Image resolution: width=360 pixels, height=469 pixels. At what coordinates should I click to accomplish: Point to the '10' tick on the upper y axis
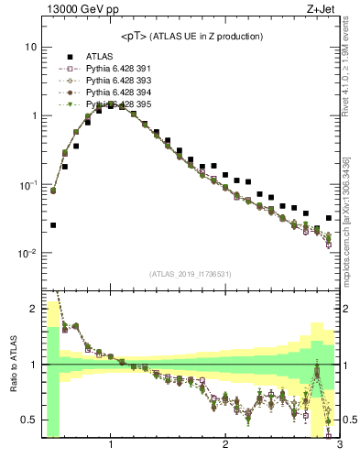click(x=30, y=47)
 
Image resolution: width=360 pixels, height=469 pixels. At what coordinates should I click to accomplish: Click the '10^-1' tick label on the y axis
click(x=27, y=185)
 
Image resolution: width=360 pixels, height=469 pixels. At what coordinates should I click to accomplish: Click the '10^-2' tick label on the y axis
click(x=27, y=254)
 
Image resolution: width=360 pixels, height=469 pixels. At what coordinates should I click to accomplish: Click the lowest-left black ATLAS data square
click(x=53, y=224)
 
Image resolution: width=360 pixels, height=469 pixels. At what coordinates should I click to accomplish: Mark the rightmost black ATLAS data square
click(x=329, y=218)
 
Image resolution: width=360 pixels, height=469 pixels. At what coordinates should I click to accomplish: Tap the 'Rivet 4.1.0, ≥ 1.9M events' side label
click(x=351, y=73)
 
